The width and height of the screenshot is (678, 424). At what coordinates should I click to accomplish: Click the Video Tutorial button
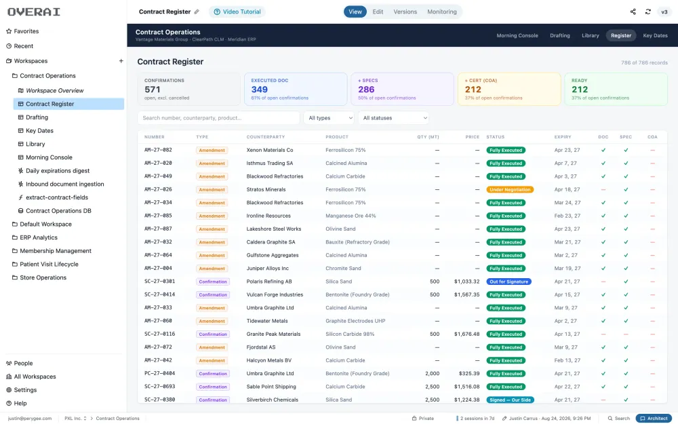[x=237, y=12]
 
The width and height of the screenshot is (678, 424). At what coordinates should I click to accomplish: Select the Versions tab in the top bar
[x=405, y=12]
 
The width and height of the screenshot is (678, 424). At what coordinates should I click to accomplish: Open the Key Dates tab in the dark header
[x=655, y=35]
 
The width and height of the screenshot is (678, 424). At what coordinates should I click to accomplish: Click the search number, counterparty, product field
[x=218, y=117]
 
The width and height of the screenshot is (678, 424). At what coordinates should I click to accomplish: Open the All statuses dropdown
[x=393, y=117]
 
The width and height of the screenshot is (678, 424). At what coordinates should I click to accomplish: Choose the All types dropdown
[x=329, y=117]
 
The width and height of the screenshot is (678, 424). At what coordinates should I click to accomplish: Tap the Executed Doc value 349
[x=260, y=90]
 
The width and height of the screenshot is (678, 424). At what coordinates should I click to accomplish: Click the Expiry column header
[x=563, y=137]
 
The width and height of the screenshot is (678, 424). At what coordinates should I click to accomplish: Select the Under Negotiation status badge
[x=510, y=189]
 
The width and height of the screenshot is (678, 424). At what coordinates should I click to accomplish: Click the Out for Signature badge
[x=509, y=282]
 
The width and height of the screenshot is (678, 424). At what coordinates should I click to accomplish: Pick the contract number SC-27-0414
[x=159, y=294]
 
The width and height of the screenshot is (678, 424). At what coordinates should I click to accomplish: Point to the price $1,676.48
[x=466, y=334]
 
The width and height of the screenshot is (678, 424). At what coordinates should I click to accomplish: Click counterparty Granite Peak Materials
[x=273, y=334]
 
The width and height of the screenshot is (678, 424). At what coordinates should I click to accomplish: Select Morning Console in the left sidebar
[x=49, y=157]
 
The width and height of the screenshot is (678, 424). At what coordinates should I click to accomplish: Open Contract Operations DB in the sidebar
[x=58, y=211]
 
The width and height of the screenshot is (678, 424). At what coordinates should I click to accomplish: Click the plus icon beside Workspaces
[x=121, y=61]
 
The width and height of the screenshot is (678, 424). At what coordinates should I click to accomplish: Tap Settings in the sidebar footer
[x=25, y=390]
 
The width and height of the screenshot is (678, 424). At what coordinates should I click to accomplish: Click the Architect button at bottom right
[x=654, y=419]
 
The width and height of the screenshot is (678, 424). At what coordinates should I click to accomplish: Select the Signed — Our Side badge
[x=510, y=400]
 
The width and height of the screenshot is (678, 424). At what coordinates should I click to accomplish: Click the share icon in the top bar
[x=633, y=12]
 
